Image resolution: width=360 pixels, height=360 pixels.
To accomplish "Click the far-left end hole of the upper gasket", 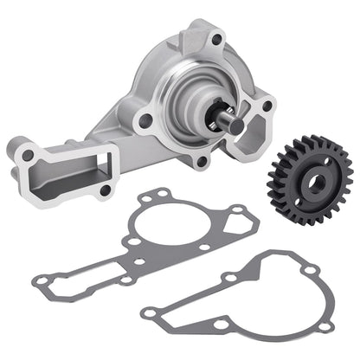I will (41, 279).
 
